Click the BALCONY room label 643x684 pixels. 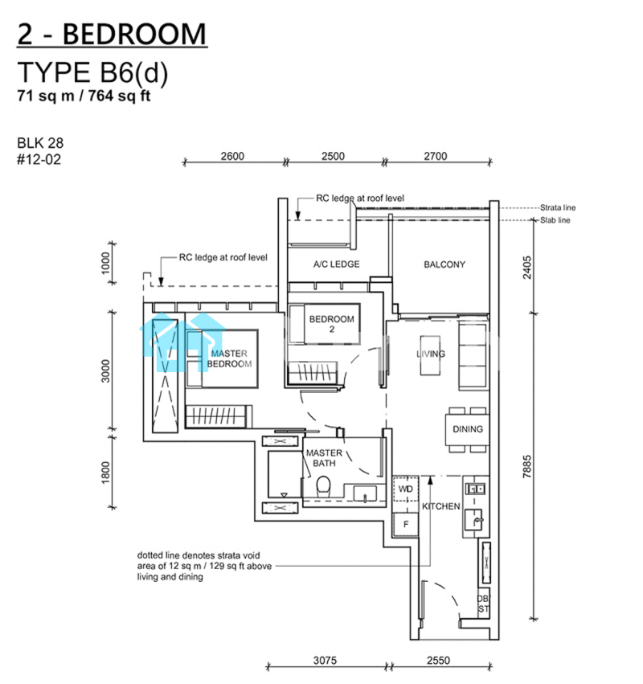[x=444, y=264]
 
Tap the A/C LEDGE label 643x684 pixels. [x=336, y=264]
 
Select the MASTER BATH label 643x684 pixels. [x=324, y=458]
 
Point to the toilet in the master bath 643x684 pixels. [x=323, y=486]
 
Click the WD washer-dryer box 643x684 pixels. [x=406, y=489]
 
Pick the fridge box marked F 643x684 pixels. [x=406, y=524]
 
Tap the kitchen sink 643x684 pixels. [x=474, y=520]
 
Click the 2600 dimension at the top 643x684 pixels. [x=232, y=156]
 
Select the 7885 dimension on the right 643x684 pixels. [x=527, y=466]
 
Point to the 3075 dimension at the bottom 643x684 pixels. [x=325, y=660]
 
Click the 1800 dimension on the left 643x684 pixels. [x=106, y=473]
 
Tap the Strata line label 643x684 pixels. [x=558, y=207]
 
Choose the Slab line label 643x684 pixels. [x=555, y=220]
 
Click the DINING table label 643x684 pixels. [x=468, y=429]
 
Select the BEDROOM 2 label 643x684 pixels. [x=331, y=324]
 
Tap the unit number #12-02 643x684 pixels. [x=39, y=160]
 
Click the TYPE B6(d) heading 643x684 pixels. [x=92, y=72]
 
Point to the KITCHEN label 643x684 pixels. [x=440, y=506]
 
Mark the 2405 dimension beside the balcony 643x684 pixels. [x=527, y=268]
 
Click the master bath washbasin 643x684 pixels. [x=365, y=494]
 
